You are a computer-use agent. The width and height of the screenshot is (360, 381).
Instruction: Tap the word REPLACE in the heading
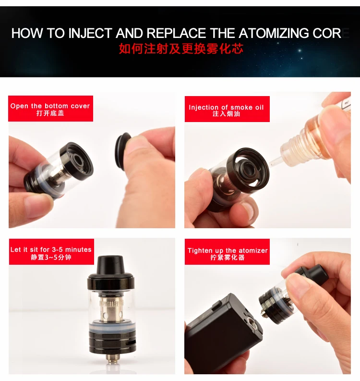[x=176, y=33]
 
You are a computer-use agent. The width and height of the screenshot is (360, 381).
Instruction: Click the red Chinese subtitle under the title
[x=181, y=49]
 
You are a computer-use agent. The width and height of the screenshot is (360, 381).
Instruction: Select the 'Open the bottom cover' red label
[x=51, y=109]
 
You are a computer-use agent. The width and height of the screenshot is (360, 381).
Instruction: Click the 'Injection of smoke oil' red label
[x=227, y=109]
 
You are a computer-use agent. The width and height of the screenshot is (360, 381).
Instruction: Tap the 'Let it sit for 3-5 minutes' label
[x=51, y=252]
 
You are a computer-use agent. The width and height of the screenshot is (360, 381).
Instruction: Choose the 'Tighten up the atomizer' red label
[x=227, y=252]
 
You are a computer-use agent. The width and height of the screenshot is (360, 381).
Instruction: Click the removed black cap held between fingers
[x=122, y=150]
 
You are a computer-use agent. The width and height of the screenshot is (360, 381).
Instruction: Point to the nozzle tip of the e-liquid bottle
[x=271, y=164]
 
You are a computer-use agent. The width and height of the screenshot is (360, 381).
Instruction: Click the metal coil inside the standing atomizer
[x=111, y=310]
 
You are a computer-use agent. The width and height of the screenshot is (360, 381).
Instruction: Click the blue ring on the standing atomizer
[x=112, y=327]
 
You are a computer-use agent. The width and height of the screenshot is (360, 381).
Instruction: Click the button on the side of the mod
[x=216, y=306]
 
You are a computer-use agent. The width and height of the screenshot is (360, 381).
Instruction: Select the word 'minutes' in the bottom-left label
[x=78, y=249]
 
